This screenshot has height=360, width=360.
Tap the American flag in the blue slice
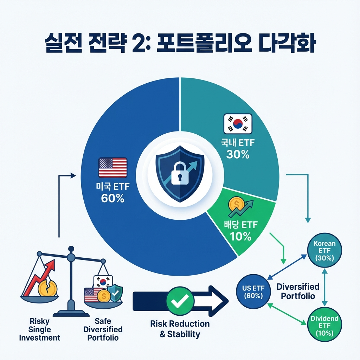click(x=112, y=168)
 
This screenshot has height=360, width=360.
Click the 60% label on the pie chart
click(x=112, y=198)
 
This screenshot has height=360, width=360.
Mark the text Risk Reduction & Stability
click(x=180, y=329)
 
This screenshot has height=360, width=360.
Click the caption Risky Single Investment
click(x=39, y=330)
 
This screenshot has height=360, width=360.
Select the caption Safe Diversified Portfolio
click(x=103, y=330)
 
